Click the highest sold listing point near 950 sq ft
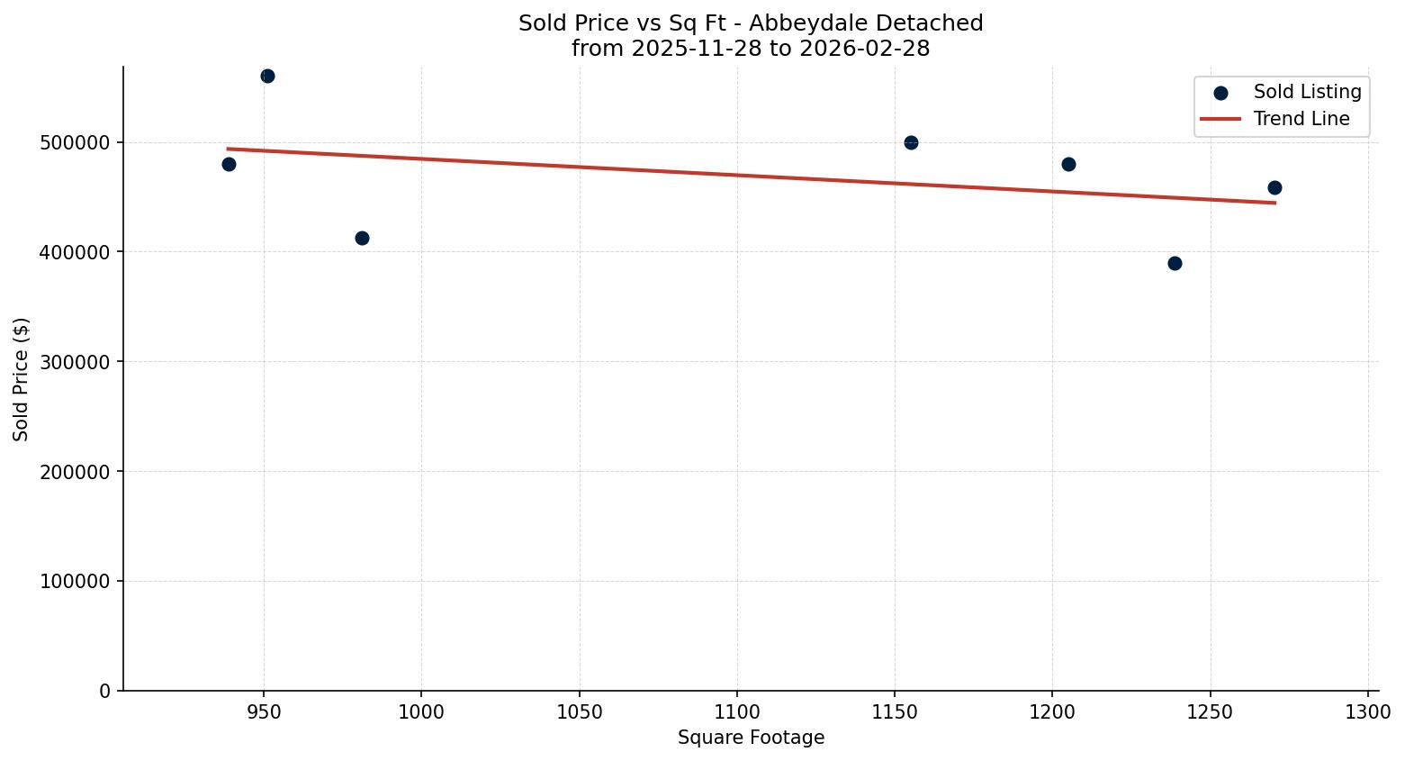267,77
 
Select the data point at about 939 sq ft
229,164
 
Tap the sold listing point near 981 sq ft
362,238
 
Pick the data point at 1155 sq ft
911,142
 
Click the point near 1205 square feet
1068,164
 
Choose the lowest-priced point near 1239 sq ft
1175,263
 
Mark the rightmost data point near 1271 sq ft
1274,187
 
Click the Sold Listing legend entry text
1307,92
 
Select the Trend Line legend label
1301,119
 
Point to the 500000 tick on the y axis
76,143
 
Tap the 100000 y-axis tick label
76,582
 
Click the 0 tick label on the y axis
105,691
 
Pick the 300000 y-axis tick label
76,362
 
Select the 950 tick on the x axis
264,712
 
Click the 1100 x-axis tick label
736,712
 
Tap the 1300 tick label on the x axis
1367,712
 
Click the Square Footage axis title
751,738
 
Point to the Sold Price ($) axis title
22,379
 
